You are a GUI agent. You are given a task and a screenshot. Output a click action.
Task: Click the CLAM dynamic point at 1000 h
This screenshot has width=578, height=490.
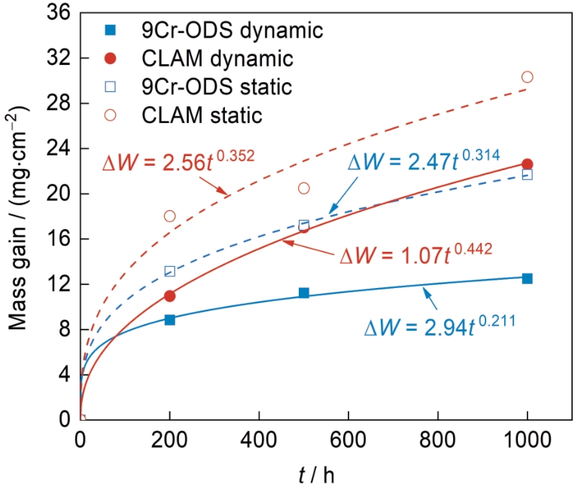click(x=527, y=164)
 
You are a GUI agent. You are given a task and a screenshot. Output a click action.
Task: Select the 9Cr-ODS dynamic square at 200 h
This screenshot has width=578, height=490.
click(x=169, y=320)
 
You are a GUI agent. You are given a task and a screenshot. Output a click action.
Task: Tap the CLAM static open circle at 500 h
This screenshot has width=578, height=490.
click(x=304, y=188)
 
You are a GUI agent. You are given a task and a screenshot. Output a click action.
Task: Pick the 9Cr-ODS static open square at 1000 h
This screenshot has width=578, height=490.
click(x=527, y=175)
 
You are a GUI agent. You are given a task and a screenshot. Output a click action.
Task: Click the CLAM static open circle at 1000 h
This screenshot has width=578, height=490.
click(x=527, y=77)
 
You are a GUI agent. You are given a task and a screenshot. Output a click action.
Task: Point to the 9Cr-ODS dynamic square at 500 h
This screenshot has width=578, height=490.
click(x=304, y=292)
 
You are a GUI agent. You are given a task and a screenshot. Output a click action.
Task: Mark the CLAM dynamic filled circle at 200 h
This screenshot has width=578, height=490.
click(x=169, y=296)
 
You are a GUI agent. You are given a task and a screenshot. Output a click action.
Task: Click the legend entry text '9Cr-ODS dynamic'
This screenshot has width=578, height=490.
click(x=232, y=31)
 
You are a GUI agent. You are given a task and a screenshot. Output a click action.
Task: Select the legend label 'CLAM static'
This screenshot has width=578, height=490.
click(x=202, y=115)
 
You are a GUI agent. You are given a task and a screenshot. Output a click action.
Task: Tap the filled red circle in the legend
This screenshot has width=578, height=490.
click(x=111, y=59)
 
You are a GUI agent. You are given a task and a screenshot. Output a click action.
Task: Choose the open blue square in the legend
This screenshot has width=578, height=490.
click(x=111, y=87)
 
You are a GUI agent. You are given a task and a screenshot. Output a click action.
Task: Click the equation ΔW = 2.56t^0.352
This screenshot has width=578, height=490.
click(x=178, y=161)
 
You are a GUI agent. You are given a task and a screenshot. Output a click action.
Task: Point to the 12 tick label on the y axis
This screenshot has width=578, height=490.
click(x=58, y=285)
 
